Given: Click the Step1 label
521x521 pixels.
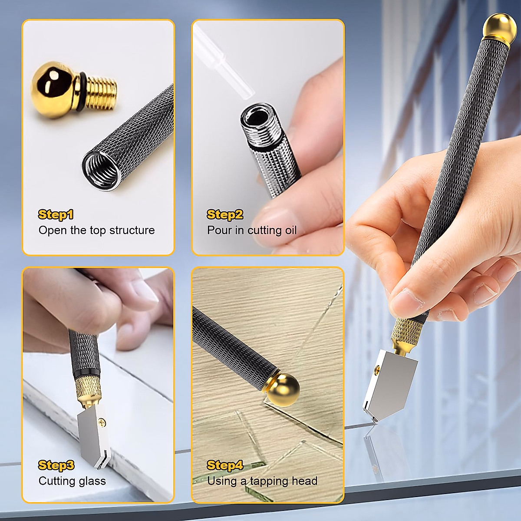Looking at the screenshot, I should (56, 214).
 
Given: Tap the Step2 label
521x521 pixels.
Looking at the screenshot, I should (225, 214).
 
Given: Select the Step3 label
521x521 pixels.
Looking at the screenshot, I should (56, 465).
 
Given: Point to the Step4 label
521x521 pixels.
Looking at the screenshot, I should (225, 465).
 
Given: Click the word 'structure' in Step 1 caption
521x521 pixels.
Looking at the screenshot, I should (132, 230).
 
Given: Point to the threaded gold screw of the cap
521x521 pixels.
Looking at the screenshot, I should (102, 92).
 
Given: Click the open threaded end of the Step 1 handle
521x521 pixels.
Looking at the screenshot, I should (101, 170).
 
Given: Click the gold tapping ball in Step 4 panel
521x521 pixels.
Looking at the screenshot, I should (283, 390).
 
